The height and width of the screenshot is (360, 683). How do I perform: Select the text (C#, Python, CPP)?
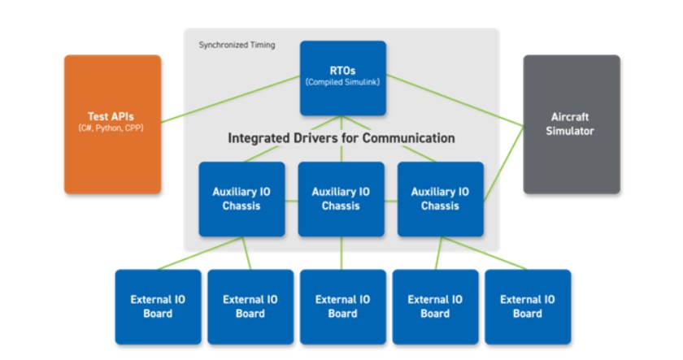112,129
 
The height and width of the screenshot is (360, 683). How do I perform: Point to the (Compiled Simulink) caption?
341,83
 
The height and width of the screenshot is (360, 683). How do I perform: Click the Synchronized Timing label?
237,46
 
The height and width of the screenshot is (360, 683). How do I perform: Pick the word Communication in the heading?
410,138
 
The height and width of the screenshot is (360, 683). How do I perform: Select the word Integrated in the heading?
263,138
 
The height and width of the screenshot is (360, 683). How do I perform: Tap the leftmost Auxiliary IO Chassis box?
241,199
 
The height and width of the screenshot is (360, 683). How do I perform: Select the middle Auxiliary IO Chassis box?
341,199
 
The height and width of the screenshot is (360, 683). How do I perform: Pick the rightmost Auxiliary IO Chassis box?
440,199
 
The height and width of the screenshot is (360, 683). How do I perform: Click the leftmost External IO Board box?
158,306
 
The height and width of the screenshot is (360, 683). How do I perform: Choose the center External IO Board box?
342,306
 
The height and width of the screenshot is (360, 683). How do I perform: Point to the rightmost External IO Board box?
528,306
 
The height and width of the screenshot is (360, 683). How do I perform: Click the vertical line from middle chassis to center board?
341,253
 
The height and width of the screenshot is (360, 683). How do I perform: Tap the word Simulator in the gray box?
571,131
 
